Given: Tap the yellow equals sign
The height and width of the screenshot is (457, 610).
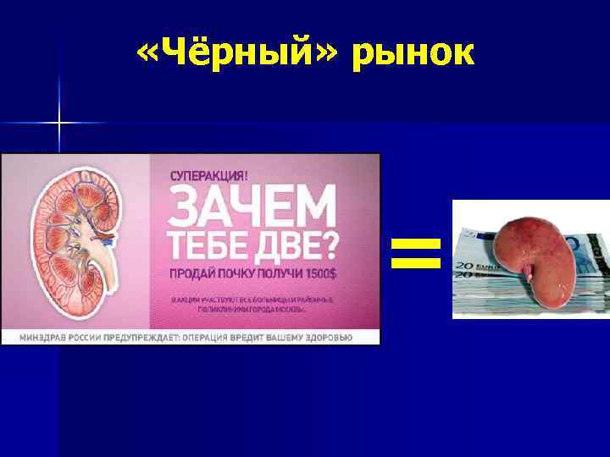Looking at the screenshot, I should tap(416, 253).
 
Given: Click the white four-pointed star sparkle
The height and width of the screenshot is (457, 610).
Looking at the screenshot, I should tap(58, 124).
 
